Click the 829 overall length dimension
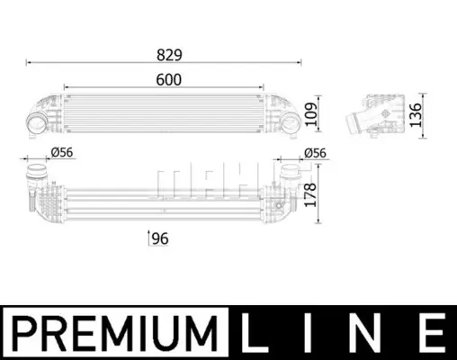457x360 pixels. (169, 55)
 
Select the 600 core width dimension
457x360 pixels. (169, 80)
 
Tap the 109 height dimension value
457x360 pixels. (311, 114)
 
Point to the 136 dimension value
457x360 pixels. (416, 115)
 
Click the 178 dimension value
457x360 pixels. (310, 195)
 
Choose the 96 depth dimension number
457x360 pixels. (160, 238)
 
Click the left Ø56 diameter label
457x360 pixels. (62, 152)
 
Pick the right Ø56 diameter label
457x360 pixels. (315, 153)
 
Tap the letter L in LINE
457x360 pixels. (254, 333)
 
